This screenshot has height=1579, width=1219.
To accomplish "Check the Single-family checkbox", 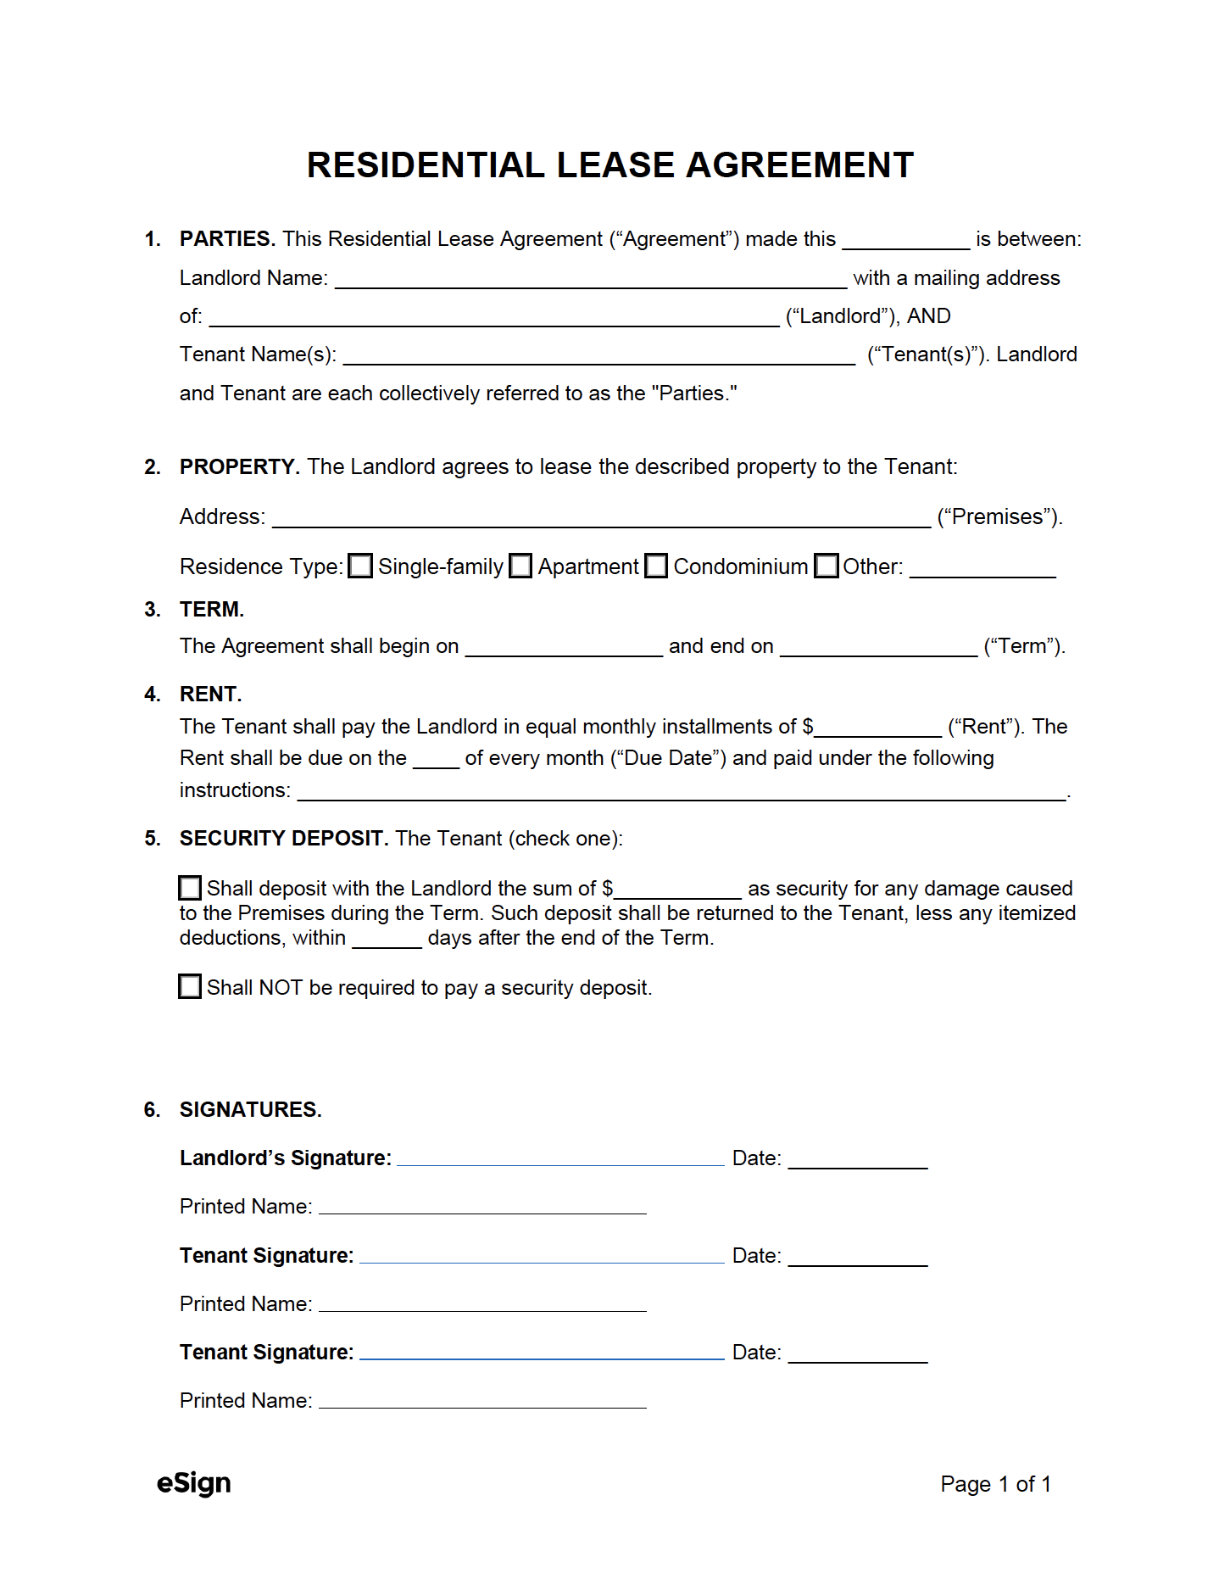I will pyautogui.click(x=360, y=566).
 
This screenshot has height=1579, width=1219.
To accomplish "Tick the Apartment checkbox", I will pyautogui.click(x=520, y=566).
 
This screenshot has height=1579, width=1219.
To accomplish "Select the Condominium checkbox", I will pyautogui.click(x=656, y=566).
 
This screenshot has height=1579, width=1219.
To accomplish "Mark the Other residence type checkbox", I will pyautogui.click(x=826, y=566).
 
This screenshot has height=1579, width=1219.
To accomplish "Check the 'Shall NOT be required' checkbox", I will pyautogui.click(x=190, y=986).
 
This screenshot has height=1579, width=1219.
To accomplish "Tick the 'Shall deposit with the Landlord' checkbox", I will pyautogui.click(x=190, y=888).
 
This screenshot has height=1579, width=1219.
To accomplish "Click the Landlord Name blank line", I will pyautogui.click(x=590, y=280).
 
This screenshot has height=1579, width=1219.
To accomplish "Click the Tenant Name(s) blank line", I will pyautogui.click(x=598, y=356).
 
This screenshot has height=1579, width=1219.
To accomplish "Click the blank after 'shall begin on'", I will pyautogui.click(x=564, y=648).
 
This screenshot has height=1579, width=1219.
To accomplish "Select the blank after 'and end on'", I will pyautogui.click(x=878, y=648).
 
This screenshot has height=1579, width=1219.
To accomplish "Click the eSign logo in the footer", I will pyautogui.click(x=194, y=1483).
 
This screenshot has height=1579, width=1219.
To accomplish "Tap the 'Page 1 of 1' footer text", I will pyautogui.click(x=995, y=1484).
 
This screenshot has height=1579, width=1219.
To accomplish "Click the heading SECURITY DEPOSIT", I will pyautogui.click(x=283, y=838).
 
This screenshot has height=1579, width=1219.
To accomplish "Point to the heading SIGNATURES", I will pyautogui.click(x=250, y=1109).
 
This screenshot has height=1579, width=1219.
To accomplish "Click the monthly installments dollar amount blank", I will pyautogui.click(x=877, y=728).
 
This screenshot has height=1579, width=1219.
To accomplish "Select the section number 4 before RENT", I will pyautogui.click(x=152, y=695).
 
